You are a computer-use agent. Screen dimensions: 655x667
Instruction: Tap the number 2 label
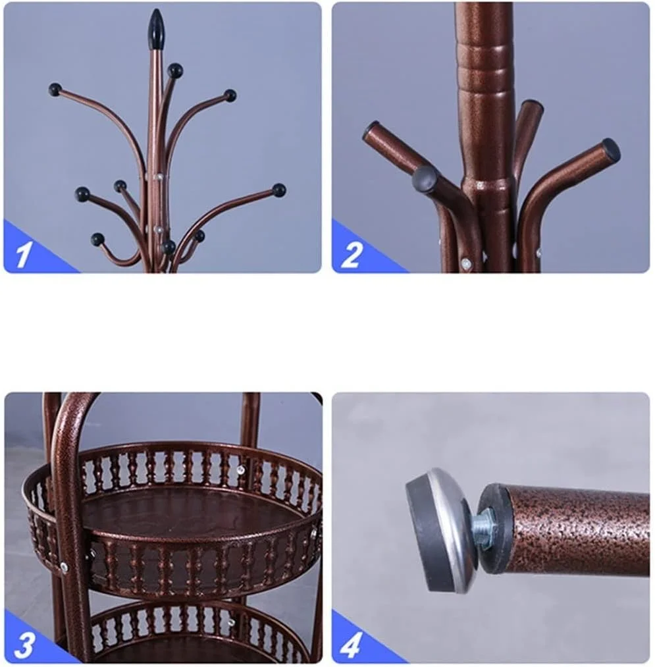352,255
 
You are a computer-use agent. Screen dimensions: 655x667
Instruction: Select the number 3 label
24,644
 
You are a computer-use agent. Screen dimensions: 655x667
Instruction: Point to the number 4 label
352,645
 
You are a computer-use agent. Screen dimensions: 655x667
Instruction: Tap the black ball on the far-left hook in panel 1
55,90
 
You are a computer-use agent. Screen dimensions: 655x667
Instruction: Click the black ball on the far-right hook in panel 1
279,190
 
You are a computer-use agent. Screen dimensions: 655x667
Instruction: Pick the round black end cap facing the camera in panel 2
425,179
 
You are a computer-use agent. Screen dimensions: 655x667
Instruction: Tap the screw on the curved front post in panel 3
65,566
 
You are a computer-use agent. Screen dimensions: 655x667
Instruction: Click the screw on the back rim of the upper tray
241,469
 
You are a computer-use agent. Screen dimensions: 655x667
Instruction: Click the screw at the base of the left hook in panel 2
467,263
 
